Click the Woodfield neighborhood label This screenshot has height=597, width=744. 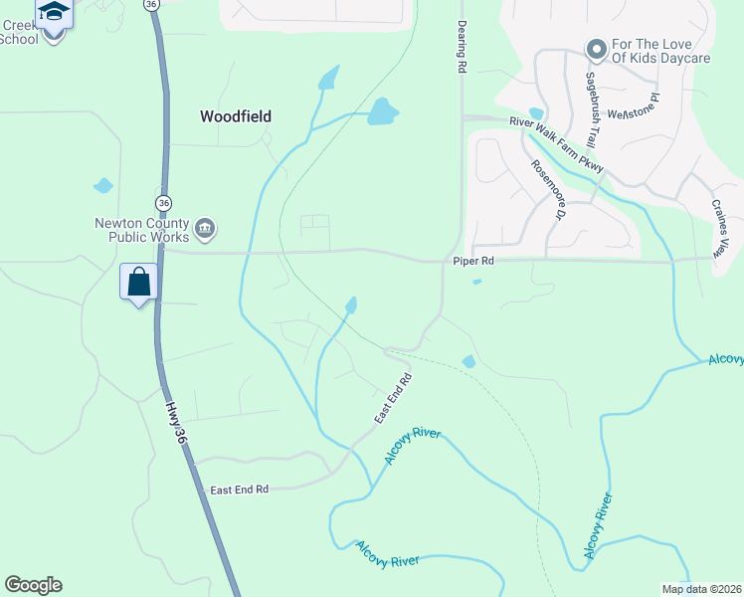click(x=235, y=116)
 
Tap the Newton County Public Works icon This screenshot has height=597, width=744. click(x=204, y=229)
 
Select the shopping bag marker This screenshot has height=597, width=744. click(x=138, y=282)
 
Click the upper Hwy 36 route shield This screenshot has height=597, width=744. click(x=151, y=5)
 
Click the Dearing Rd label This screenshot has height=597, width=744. click(x=462, y=49)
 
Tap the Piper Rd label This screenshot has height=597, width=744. click(x=473, y=261)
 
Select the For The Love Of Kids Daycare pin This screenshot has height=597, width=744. click(x=596, y=49)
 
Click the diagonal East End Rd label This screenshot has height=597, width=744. click(x=393, y=399)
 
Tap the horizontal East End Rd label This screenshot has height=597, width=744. click(x=240, y=490)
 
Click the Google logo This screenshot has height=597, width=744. click(x=33, y=585)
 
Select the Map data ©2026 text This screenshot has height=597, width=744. click(x=700, y=589)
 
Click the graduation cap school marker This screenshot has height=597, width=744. click(x=54, y=12)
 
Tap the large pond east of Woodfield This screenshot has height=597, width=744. click(x=381, y=111)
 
